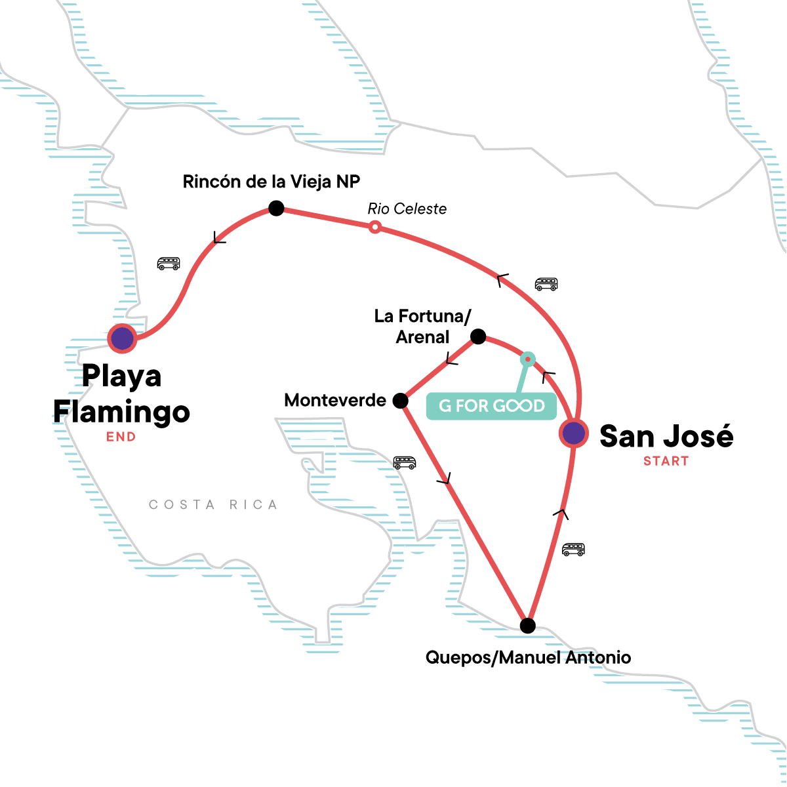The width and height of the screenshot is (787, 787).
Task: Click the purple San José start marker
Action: click(573, 434)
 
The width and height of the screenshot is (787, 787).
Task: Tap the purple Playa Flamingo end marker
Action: click(123, 338)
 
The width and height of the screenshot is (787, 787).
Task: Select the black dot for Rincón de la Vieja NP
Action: click(276, 209)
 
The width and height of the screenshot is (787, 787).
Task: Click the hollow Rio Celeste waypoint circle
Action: click(374, 227)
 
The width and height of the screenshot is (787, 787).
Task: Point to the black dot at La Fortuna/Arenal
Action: click(478, 336)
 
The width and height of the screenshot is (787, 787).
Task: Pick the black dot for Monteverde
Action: click(400, 401)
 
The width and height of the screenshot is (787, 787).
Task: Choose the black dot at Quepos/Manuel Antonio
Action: click(527, 626)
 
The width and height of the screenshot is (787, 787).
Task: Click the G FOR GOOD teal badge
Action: click(491, 406)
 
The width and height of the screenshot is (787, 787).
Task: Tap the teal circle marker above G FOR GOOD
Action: click(527, 359)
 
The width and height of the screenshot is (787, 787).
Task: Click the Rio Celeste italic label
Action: click(407, 209)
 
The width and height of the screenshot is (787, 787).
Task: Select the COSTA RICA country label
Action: click(213, 504)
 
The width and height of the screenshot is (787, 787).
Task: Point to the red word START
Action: click(666, 461)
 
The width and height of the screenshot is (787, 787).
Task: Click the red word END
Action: click(121, 437)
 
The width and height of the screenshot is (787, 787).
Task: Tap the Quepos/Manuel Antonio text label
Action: click(528, 657)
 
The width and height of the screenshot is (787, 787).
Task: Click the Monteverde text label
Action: click(335, 400)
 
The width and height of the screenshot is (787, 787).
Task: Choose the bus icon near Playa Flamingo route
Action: click(169, 264)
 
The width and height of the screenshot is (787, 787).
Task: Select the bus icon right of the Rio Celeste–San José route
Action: click(546, 284)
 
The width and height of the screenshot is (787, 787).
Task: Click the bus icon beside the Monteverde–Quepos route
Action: click(404, 462)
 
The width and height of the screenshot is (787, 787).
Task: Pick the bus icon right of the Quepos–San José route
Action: click(573, 549)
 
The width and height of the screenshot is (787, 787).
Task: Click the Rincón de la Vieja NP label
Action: click(272, 182)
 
